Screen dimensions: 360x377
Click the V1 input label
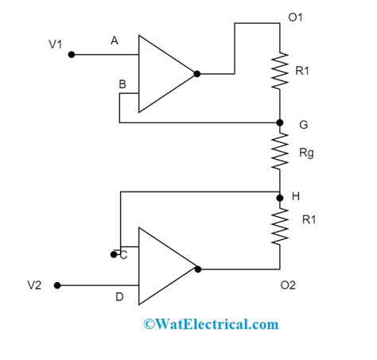[55, 45]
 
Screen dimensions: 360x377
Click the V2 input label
[35, 285]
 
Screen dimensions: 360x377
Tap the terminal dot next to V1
[72, 55]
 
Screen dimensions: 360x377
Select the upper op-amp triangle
[163, 73]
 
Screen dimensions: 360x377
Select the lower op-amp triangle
[163, 268]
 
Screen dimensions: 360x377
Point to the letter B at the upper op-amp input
[122, 84]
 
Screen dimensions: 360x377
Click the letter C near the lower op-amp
[122, 254]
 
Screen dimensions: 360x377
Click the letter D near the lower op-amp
[119, 297]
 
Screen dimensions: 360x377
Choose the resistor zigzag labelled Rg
[279, 151]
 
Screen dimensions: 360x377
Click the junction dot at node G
[279, 122]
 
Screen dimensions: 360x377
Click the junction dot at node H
[279, 197]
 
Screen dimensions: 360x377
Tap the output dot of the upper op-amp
[197, 74]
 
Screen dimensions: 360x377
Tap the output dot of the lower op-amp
[197, 268]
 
